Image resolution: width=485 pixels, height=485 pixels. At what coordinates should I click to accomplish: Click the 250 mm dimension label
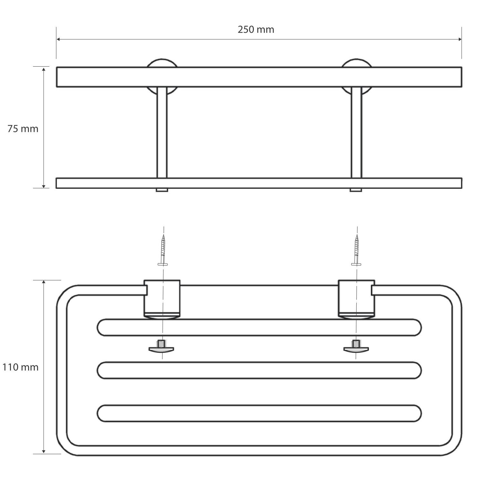tap(256, 30)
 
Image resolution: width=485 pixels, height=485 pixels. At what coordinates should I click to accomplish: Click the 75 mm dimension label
tap(23, 129)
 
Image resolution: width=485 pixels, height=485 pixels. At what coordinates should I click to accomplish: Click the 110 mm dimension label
tap(20, 367)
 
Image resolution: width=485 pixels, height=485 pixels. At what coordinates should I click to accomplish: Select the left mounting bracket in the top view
tap(161, 298)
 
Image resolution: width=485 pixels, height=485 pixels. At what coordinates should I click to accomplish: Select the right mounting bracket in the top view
tap(356, 298)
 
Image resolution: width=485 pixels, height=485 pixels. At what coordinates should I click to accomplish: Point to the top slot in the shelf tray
tap(259, 328)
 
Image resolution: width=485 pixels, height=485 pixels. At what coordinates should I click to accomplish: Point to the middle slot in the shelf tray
tap(259, 370)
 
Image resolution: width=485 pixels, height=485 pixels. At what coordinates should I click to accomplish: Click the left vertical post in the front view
tap(162, 133)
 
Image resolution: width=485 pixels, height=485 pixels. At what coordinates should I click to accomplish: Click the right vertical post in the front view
tap(356, 133)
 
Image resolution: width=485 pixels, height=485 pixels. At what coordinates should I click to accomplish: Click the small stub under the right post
tap(356, 190)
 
